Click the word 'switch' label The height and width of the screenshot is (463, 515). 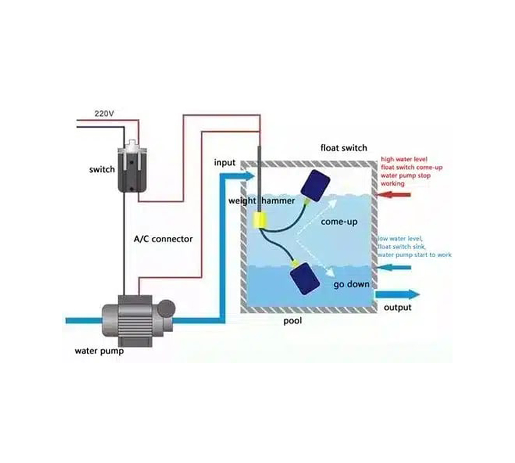coord(102,169)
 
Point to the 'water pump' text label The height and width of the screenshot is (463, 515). coord(99,351)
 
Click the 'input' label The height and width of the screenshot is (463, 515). coord(225,162)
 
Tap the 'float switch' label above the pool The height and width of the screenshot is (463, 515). coord(343,147)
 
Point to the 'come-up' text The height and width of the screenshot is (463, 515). coord(339,222)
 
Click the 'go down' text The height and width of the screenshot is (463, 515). coord(351,284)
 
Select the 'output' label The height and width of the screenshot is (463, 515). coord(397,307)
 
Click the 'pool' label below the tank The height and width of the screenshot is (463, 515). coord(293,321)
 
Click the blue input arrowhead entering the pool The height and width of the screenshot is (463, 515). coord(249,176)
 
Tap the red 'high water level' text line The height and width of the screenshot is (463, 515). coord(404,159)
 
